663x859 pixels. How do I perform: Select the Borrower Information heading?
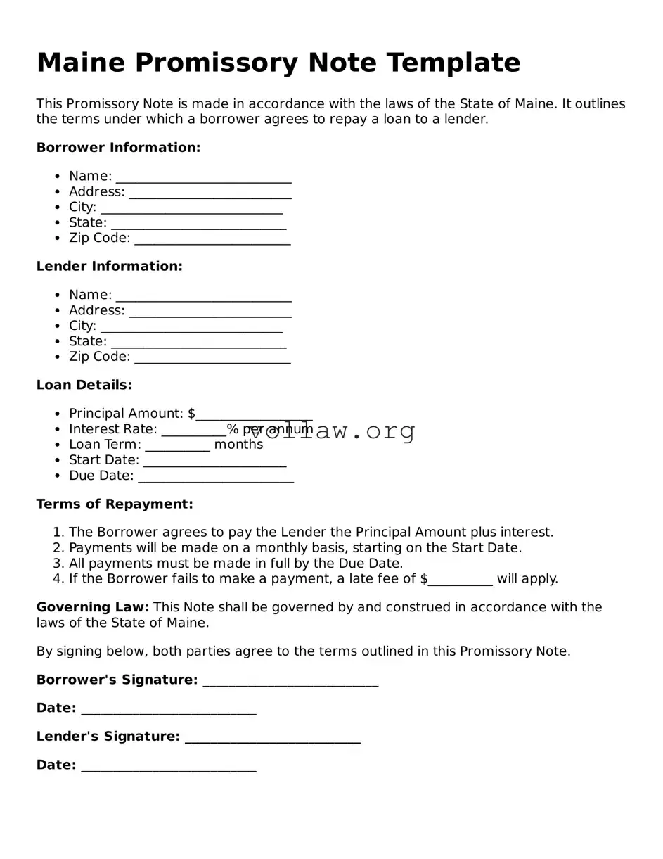(118, 148)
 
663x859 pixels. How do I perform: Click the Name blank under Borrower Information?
(203, 177)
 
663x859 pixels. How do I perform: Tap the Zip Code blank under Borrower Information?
(212, 239)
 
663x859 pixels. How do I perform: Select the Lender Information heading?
(109, 267)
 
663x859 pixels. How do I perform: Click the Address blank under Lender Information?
(210, 312)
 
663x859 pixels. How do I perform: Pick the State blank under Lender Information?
(198, 343)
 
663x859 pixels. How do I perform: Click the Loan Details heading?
(84, 386)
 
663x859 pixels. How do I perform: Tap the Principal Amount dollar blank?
(254, 415)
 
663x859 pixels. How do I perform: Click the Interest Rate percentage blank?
(193, 431)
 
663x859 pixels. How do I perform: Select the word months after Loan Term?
(238, 445)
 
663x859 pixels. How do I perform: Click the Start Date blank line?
(214, 462)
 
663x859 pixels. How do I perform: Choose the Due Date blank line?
(216, 477)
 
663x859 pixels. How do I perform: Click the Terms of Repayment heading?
(115, 504)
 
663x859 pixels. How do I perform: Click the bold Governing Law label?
(93, 607)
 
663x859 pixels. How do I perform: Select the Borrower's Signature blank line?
(290, 681)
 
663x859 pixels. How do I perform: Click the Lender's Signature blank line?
(273, 738)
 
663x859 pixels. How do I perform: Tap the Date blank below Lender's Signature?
(169, 766)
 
